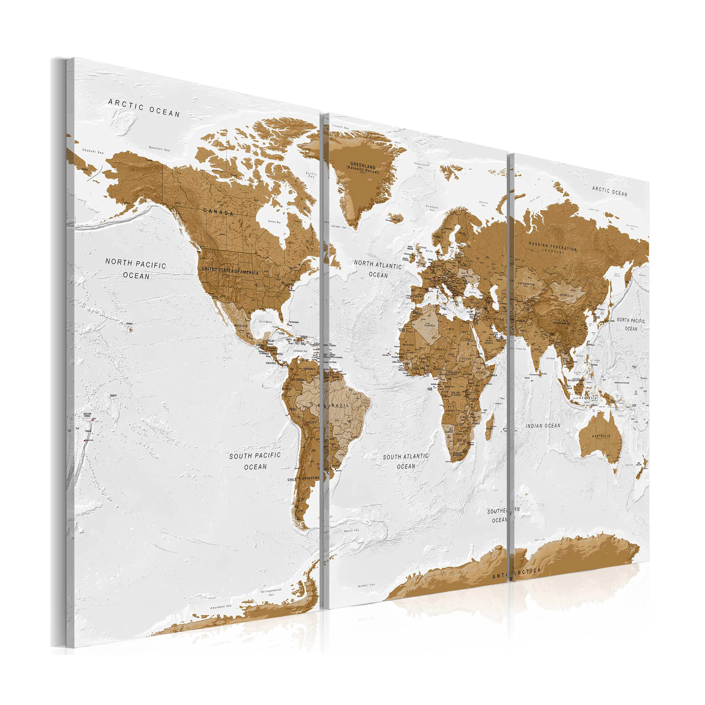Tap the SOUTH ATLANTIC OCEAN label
(x=405, y=461)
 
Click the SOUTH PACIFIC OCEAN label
(x=255, y=461)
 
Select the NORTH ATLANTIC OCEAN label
(x=378, y=269)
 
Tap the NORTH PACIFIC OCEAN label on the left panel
(x=136, y=269)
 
